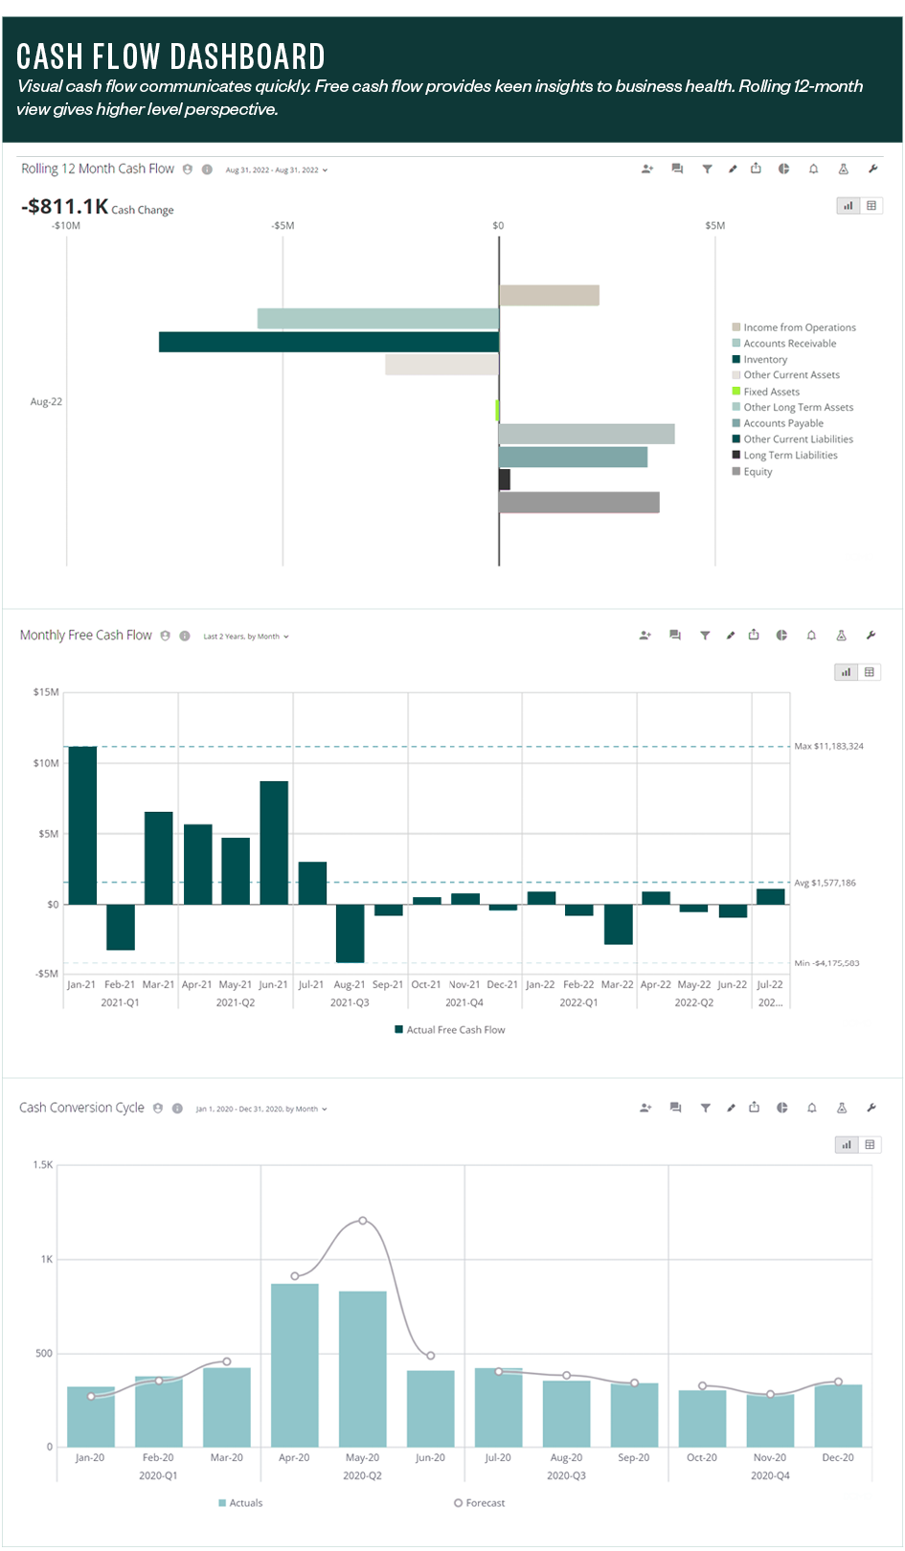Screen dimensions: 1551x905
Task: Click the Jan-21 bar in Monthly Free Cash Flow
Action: [x=82, y=825]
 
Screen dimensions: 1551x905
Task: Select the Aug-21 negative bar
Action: [x=350, y=933]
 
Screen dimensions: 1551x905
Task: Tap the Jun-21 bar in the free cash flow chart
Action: [x=274, y=843]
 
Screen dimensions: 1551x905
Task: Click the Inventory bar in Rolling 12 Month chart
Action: [x=328, y=342]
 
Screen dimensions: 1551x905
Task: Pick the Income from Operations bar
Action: [x=549, y=295]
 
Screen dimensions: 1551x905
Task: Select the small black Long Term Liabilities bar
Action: [x=505, y=480]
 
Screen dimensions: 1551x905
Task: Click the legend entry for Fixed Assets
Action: [x=771, y=392]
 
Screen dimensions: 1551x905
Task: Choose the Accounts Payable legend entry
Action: [x=782, y=423]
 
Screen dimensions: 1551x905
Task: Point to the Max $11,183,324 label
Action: [x=828, y=746]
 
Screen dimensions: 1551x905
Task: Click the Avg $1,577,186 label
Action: [x=825, y=883]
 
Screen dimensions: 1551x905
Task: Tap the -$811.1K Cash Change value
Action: [x=65, y=207]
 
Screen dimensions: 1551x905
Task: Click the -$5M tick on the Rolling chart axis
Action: [x=283, y=226]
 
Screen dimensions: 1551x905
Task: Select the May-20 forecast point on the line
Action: [x=363, y=1221]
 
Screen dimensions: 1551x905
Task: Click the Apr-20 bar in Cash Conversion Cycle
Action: [x=295, y=1364]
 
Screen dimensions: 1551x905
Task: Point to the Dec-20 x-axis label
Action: [x=837, y=1457]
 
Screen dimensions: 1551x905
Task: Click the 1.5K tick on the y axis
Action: [x=43, y=1165]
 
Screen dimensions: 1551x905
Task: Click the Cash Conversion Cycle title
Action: [x=81, y=1108]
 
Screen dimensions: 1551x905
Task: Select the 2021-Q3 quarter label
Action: [x=350, y=1002]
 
